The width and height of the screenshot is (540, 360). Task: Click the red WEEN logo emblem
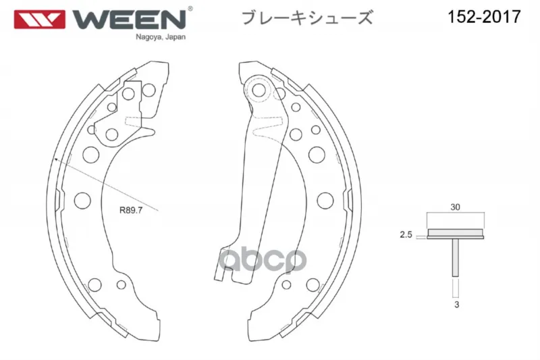tap(39, 20)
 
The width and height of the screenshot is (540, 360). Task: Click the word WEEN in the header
tap(130, 20)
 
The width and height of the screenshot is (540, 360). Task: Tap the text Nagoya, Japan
tap(161, 37)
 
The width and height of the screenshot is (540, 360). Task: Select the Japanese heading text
tap(307, 18)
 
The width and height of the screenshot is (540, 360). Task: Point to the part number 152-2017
tap(484, 16)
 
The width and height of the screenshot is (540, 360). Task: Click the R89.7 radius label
tap(131, 210)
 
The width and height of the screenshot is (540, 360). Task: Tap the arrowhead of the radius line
tap(56, 159)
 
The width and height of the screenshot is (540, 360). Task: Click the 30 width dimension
tap(455, 207)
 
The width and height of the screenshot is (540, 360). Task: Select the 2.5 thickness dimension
tap(406, 234)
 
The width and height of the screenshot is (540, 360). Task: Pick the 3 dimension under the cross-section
tap(457, 305)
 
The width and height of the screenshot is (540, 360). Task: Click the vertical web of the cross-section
tap(455, 257)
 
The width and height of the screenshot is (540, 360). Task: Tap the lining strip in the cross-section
tap(455, 232)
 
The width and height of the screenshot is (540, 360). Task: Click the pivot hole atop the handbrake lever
tap(259, 91)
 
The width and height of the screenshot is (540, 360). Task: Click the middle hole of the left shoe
tap(82, 200)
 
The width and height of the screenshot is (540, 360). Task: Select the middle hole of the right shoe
tap(325, 200)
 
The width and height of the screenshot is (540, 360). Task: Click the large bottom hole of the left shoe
tap(94, 285)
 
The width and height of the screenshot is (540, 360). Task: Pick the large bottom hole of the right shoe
tap(313, 285)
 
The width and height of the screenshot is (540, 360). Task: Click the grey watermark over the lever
tap(263, 260)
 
